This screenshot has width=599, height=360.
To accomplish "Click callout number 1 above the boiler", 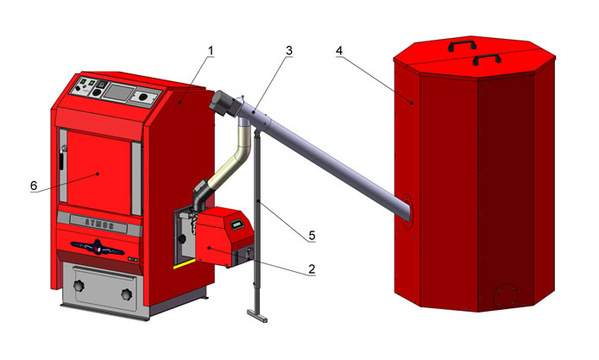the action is [211, 51].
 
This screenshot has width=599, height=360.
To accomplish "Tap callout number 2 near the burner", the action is [312, 269].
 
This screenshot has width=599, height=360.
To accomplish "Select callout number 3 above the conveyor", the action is [289, 50].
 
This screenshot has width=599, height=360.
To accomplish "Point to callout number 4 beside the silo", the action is [339, 50].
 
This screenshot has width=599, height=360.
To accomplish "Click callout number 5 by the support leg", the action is [312, 236].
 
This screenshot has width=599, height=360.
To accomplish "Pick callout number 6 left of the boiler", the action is [34, 186].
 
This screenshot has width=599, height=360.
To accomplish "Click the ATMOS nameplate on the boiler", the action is [98, 224].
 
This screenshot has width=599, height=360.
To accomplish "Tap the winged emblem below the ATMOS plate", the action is [98, 247].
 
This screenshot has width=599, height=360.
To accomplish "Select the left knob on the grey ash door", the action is [79, 286].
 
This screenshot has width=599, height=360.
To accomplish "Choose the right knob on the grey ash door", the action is [127, 294].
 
